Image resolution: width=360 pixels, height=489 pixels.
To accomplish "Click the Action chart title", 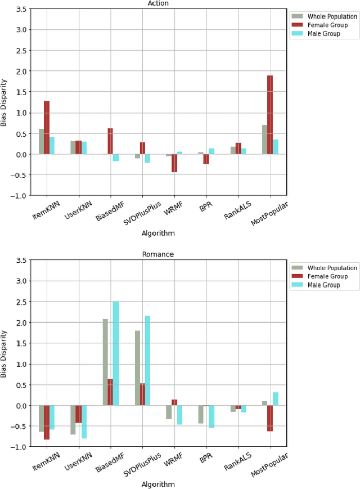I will (158, 3).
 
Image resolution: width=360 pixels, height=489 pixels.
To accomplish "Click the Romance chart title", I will (158, 254).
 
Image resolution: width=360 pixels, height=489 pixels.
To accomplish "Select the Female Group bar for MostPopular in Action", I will (270, 115).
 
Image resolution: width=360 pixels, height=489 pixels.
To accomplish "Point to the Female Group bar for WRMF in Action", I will (174, 163).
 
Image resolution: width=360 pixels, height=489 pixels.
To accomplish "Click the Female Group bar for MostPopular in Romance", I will (270, 418).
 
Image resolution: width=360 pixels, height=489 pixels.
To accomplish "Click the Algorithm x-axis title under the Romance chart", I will (158, 484).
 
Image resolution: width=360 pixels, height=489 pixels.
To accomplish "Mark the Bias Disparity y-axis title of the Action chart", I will (4, 102).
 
